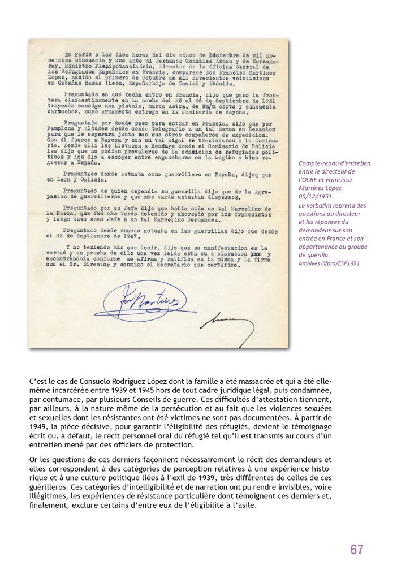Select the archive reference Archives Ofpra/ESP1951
pos(329,263)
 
